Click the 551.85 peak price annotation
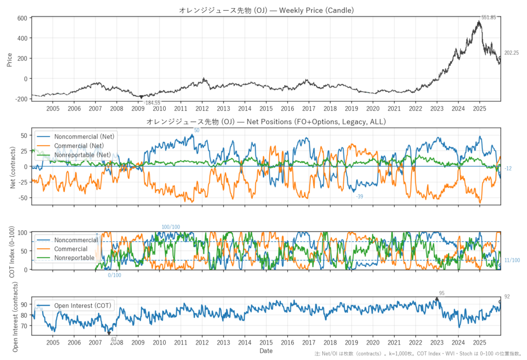(x=488, y=18)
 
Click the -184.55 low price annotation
(x=152, y=103)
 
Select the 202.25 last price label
(x=511, y=53)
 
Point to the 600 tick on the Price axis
(x=22, y=18)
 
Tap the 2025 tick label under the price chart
(x=479, y=109)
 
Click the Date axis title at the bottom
(x=266, y=351)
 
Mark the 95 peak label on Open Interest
(x=441, y=293)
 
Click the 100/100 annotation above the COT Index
(x=171, y=227)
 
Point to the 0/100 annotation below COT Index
(x=114, y=276)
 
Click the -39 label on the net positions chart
(x=360, y=197)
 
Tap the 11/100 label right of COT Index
(x=512, y=261)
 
